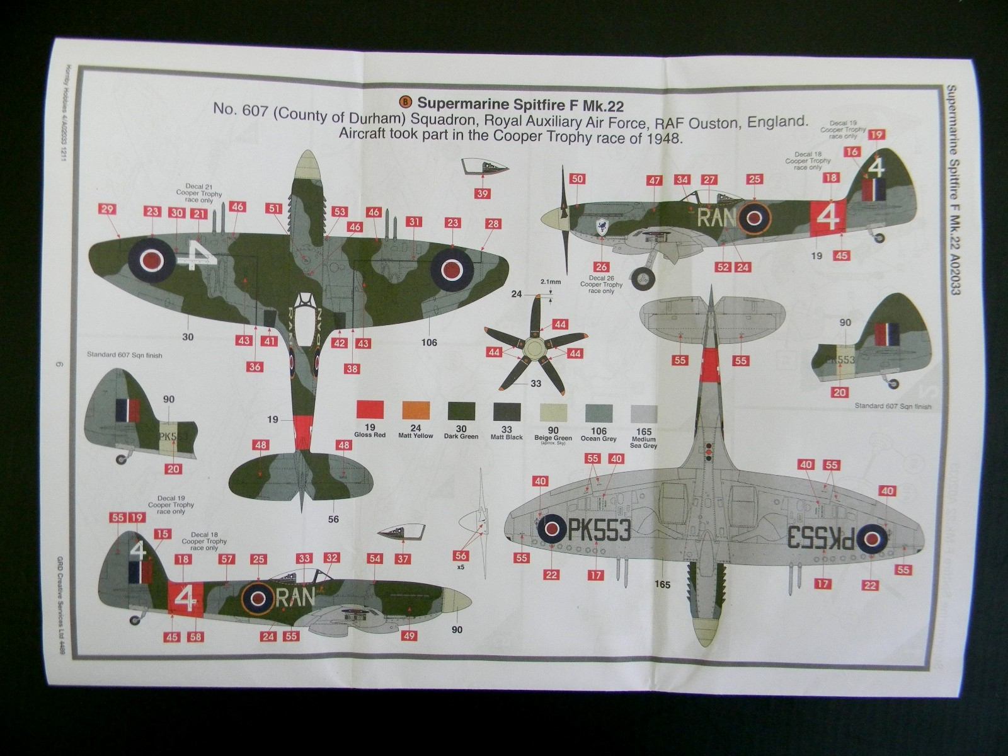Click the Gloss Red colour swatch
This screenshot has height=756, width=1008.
(x=370, y=409)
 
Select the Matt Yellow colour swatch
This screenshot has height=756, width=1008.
(x=416, y=410)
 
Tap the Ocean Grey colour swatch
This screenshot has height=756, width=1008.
(x=598, y=413)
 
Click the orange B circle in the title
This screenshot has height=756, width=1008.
(x=406, y=101)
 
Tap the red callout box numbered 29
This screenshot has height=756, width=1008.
(x=106, y=210)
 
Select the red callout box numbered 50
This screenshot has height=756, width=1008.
(x=577, y=180)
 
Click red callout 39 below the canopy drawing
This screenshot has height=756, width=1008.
(x=482, y=193)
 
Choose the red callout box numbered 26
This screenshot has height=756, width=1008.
(x=601, y=267)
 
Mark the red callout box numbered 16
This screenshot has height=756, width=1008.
(x=852, y=152)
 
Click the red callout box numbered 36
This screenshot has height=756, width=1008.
(x=255, y=367)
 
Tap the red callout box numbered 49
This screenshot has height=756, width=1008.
(x=409, y=636)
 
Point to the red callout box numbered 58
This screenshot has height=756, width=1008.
(x=196, y=637)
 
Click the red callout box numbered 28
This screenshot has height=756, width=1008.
(x=493, y=224)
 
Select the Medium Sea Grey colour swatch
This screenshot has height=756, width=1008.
(x=643, y=415)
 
